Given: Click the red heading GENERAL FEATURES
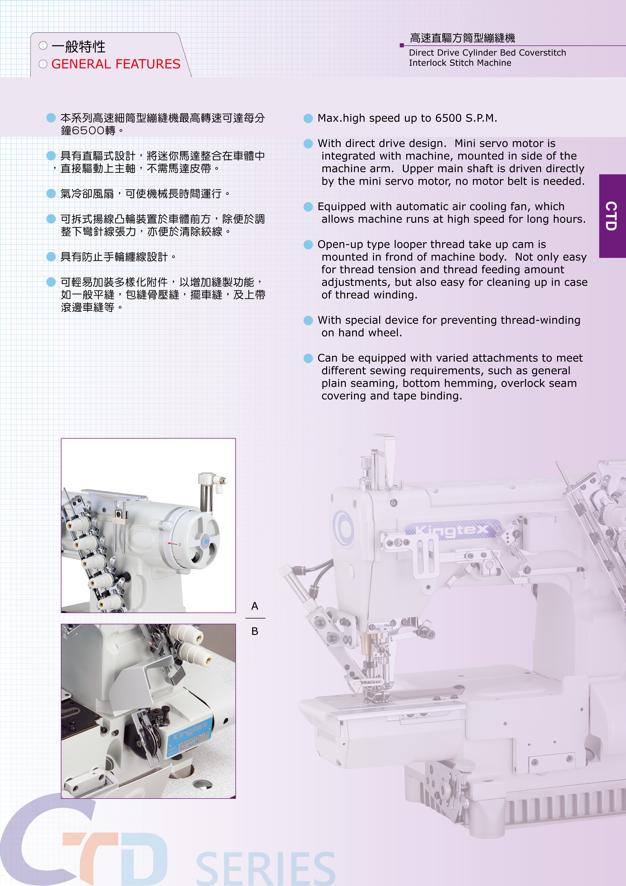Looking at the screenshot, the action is point(116,64).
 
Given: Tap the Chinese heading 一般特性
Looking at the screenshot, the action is point(78,47).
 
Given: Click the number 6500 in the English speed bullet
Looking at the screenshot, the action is point(449,118).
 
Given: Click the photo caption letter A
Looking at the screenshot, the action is point(255,606).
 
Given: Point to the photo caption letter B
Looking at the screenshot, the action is point(255,631).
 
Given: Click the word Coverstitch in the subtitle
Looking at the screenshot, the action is point(542,53).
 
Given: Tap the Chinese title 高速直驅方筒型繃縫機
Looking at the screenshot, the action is point(462,38).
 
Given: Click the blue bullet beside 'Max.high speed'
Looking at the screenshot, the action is point(308,119).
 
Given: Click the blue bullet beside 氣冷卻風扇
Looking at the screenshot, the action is point(51,194).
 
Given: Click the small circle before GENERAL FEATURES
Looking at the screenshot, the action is point(43,64).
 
